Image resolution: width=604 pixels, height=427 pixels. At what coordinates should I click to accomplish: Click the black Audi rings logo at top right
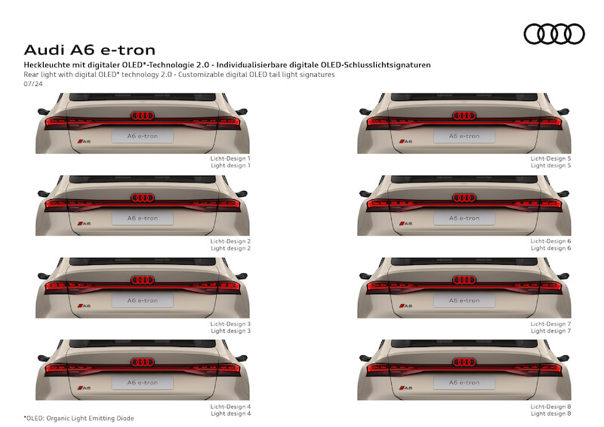(554, 34)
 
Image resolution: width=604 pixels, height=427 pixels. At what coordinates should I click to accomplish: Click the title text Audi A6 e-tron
(90, 50)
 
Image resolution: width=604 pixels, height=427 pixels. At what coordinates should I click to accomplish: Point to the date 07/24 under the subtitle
(33, 84)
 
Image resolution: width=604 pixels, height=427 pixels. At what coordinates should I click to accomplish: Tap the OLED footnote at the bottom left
(79, 418)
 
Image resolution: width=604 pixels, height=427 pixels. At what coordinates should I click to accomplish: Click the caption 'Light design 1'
(230, 165)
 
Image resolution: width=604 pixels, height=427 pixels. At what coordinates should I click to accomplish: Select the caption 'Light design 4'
(230, 413)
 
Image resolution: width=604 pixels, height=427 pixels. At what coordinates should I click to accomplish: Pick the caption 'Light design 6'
(551, 248)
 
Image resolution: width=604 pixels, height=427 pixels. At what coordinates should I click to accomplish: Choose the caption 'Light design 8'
(551, 413)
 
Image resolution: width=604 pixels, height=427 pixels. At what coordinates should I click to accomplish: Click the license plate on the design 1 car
(143, 136)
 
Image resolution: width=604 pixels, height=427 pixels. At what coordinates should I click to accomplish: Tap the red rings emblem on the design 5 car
(464, 115)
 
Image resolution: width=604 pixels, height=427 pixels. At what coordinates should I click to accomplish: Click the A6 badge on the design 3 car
(84, 306)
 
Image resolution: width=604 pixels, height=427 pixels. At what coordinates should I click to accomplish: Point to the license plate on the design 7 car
(464, 300)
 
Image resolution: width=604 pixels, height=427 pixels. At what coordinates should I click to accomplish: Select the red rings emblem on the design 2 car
(143, 198)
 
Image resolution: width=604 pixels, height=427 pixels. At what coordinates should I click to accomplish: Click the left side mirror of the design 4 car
(43, 358)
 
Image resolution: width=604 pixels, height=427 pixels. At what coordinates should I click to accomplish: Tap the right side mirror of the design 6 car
(563, 193)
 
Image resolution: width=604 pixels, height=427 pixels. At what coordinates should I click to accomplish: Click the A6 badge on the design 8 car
(405, 388)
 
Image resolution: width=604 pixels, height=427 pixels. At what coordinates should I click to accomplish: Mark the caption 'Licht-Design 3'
(230, 324)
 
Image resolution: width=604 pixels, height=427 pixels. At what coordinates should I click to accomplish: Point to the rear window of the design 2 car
(143, 179)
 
